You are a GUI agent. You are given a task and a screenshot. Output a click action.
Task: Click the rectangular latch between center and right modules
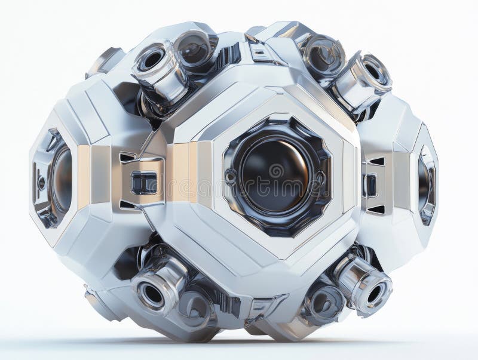[370, 185]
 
